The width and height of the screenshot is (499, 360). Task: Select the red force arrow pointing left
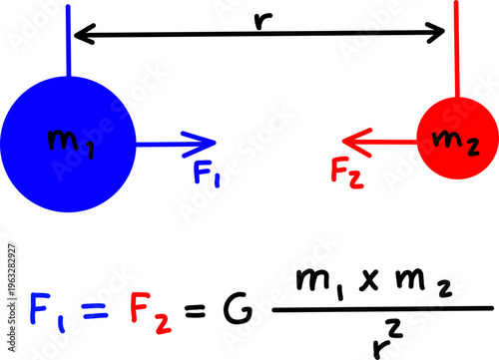tap(374, 142)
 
